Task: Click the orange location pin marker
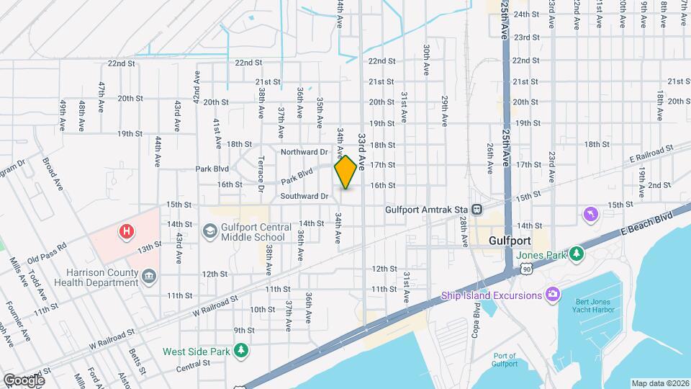(346, 172)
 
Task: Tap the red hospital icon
(127, 231)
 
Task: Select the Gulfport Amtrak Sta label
(425, 209)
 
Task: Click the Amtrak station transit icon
(477, 210)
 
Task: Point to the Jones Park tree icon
(577, 254)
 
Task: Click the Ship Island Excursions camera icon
(552, 294)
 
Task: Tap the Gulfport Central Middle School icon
(209, 231)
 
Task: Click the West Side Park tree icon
(243, 351)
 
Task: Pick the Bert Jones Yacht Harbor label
(595, 308)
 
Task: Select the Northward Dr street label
(304, 152)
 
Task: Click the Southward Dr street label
(304, 195)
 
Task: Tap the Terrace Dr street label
(261, 174)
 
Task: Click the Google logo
(23, 380)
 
